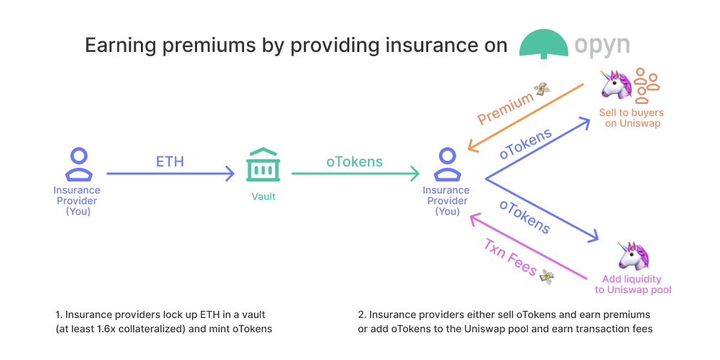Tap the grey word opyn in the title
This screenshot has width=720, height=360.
point(602,47)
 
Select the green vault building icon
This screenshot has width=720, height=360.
point(263,164)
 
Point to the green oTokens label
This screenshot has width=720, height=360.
point(354,162)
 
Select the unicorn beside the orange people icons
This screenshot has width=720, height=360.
point(617,84)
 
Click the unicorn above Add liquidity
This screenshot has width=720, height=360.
point(633,255)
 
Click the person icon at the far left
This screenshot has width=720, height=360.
point(79,164)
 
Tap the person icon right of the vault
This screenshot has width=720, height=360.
point(448,164)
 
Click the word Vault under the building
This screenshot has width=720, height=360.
point(263,196)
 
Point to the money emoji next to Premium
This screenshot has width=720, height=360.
point(541,90)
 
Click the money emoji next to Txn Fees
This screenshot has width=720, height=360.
point(546,276)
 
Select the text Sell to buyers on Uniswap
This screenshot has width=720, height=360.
point(630,118)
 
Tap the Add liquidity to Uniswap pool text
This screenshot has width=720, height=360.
point(633,285)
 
